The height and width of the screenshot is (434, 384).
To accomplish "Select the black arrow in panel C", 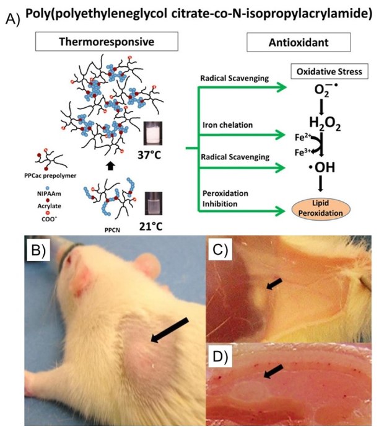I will (275, 285).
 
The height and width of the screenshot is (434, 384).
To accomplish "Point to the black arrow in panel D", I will (274, 371).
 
